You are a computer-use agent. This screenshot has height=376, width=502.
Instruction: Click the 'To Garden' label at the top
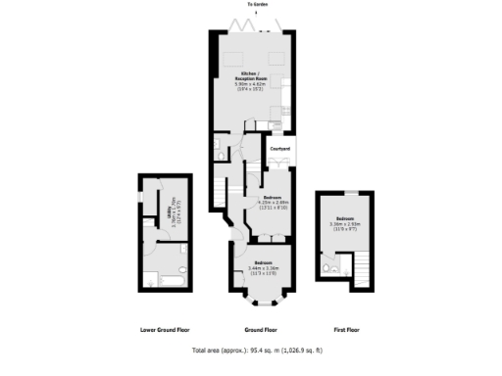(x=258, y=5)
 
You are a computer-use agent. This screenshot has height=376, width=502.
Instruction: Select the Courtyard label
(x=280, y=149)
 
